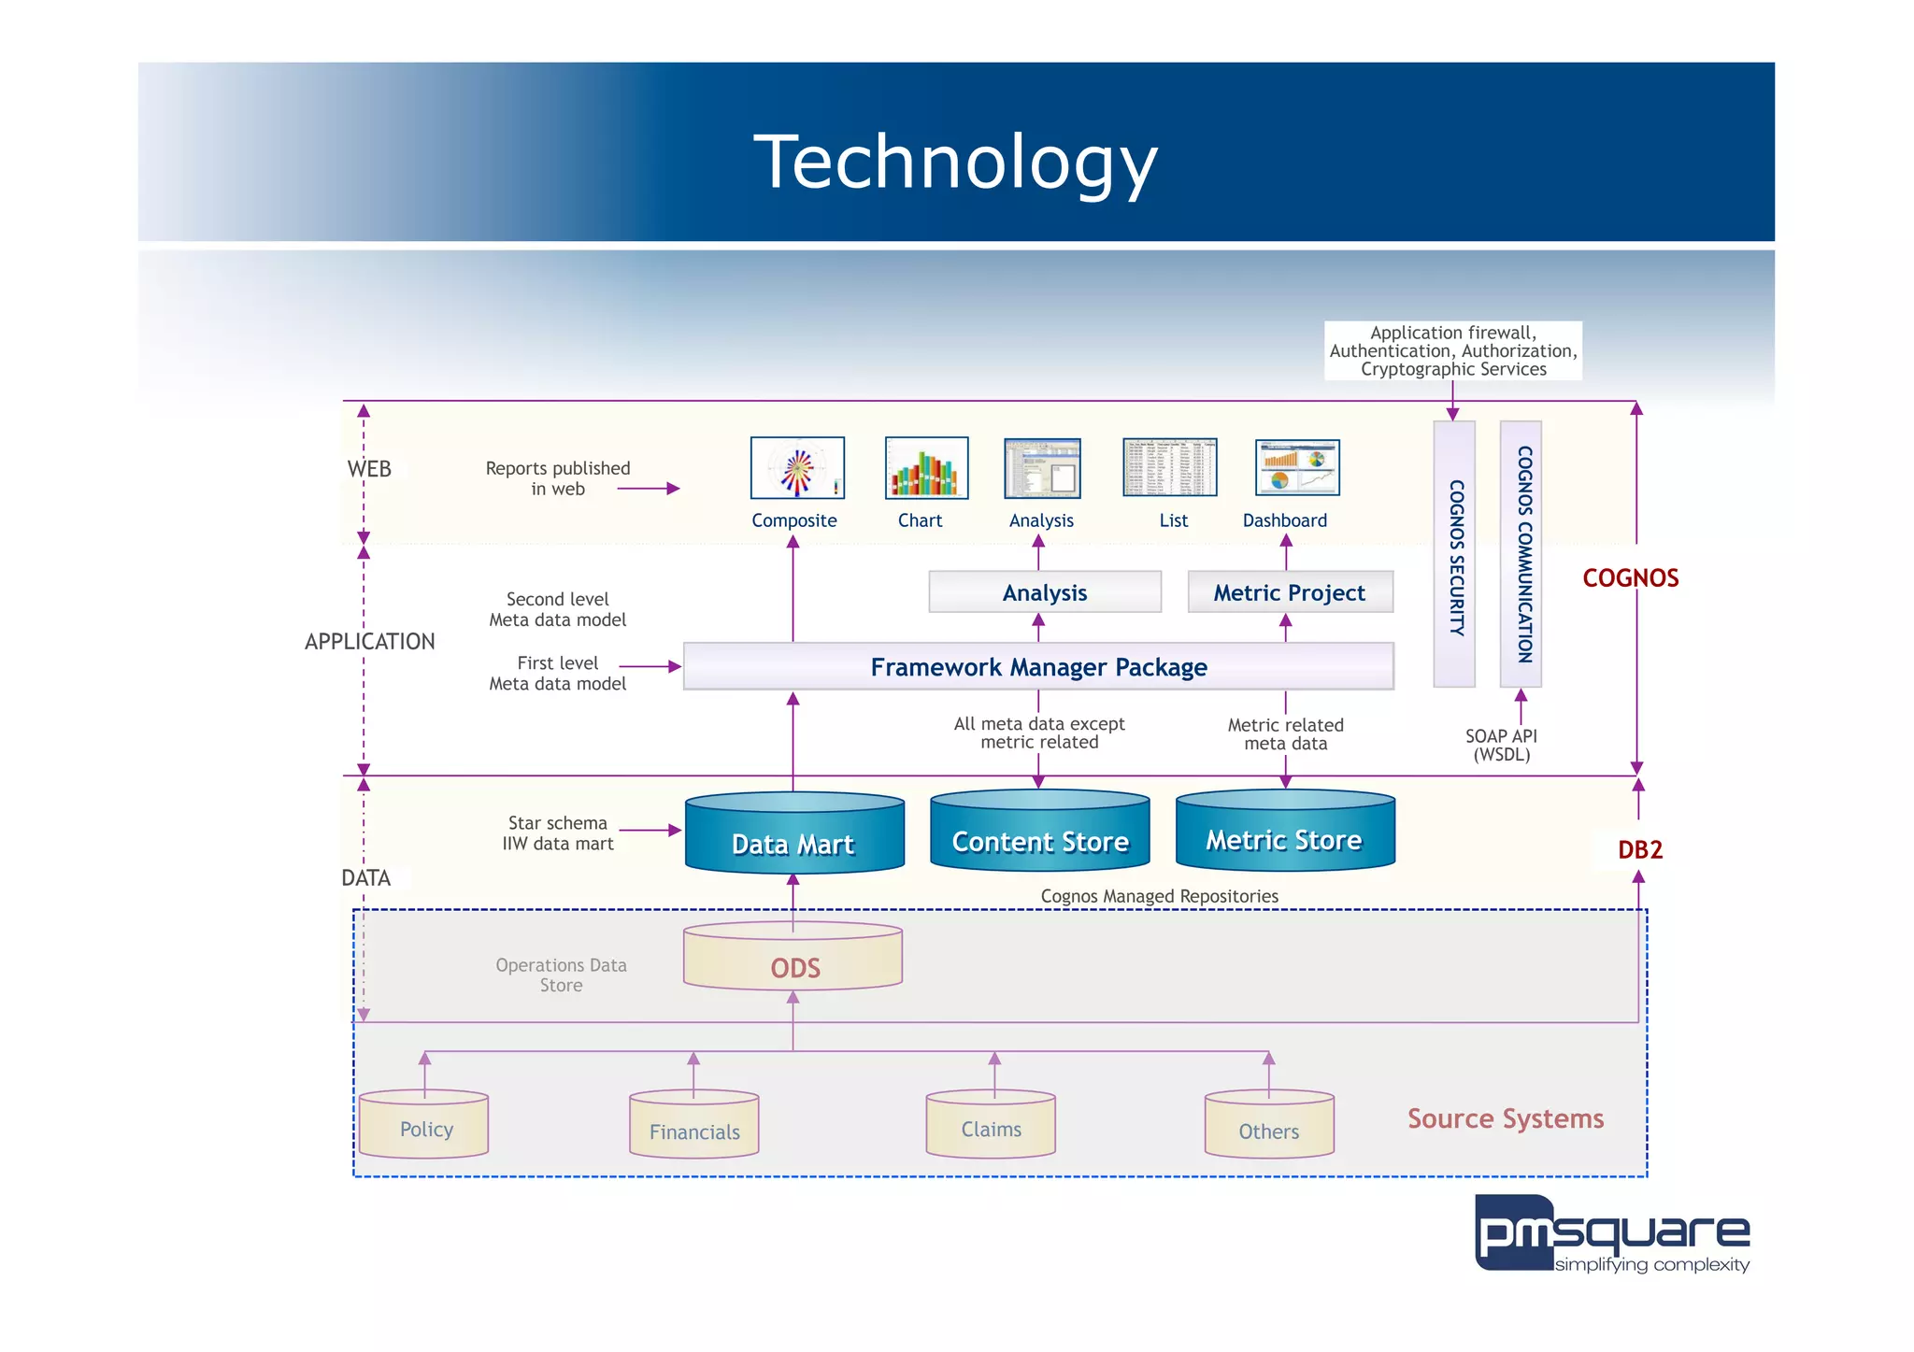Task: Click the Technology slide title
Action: point(955,162)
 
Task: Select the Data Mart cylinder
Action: point(793,834)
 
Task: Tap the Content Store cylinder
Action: point(1039,832)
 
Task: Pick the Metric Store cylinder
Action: point(1284,831)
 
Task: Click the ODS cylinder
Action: point(793,958)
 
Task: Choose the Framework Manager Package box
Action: point(1038,666)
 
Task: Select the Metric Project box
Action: point(1289,592)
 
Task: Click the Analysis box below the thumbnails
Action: point(1044,592)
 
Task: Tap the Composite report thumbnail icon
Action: point(797,468)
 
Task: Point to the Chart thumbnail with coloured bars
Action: point(925,468)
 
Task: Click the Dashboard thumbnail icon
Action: point(1296,468)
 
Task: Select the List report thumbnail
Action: point(1169,468)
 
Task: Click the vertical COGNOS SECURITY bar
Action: point(1454,554)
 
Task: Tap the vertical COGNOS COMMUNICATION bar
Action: point(1521,554)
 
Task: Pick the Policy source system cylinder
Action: point(424,1125)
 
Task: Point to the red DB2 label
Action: point(1639,849)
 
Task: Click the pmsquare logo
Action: point(1611,1234)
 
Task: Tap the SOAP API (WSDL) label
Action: point(1500,745)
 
